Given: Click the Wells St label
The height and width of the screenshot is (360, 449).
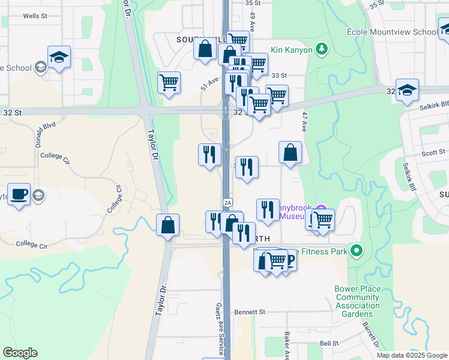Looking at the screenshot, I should [35, 16].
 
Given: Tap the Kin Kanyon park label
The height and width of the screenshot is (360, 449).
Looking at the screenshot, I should [292, 50].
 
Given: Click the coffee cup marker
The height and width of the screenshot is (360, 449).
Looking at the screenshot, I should [19, 194].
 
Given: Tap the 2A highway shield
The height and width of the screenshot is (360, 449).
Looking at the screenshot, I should [228, 202].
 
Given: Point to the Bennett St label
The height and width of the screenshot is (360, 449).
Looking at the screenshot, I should [250, 312].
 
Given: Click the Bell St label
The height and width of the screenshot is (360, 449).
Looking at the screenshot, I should [330, 343].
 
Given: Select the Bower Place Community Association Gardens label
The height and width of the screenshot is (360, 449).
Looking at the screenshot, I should [358, 301].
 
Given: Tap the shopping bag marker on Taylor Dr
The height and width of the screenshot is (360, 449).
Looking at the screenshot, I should [168, 225].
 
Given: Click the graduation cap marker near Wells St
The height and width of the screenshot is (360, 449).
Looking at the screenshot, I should [59, 58].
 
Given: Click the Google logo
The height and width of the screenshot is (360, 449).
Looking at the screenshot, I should [20, 353].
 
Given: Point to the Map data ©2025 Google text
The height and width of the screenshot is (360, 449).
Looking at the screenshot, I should [412, 355].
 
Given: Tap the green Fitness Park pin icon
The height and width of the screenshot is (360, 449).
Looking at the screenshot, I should [357, 251].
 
